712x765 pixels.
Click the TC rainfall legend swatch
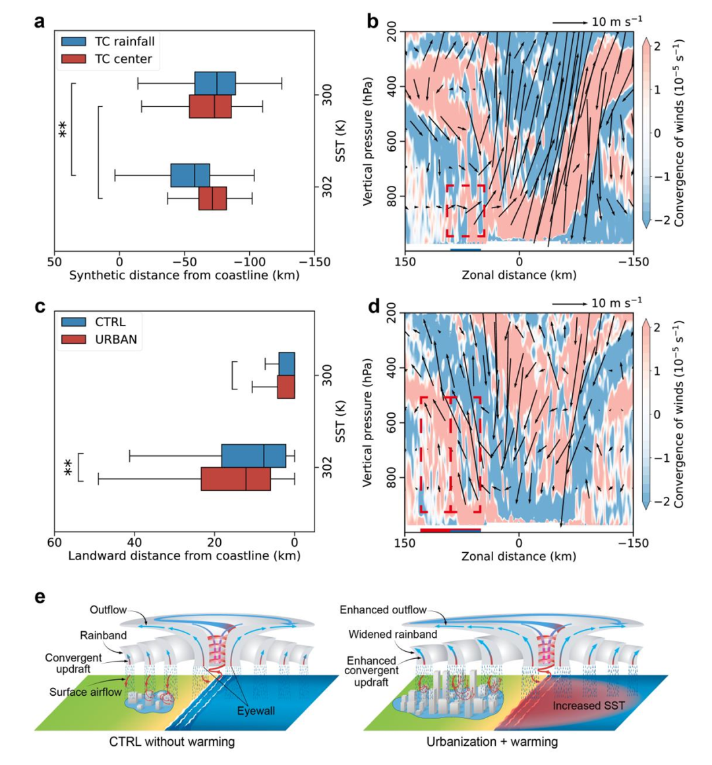74,42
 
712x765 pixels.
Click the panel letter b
373,21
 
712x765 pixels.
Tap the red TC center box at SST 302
212,198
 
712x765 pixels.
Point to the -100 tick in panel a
249,262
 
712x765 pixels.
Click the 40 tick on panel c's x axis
134,542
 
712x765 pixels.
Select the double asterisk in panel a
63,129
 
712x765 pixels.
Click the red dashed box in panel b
465,211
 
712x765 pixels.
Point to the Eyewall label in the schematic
256,711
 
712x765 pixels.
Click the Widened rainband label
393,634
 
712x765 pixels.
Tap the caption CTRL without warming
172,742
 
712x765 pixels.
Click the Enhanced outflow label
383,610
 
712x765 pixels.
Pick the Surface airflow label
86,693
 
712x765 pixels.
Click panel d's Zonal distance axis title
519,556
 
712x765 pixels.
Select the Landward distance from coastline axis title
184,556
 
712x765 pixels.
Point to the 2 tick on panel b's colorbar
657,45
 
